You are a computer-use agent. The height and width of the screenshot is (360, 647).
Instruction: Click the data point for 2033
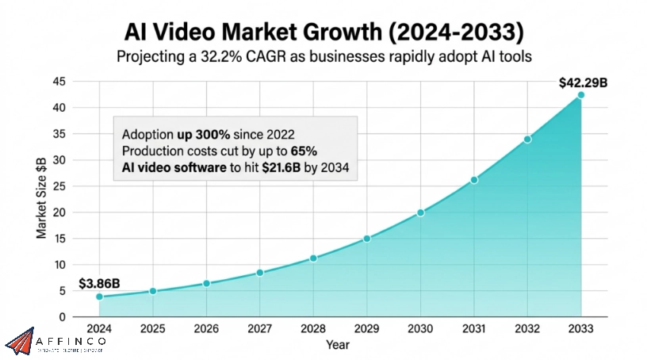(580, 95)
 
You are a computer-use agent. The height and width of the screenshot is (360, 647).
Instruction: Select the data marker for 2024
(99, 297)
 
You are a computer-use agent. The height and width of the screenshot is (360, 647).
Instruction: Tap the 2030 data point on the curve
(420, 213)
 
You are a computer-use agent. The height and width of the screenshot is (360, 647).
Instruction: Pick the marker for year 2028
(313, 258)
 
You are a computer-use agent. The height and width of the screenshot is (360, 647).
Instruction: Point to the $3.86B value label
(100, 282)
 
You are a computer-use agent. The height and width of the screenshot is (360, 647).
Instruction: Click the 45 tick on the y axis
(59, 82)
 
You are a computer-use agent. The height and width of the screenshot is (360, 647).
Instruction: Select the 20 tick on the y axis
(59, 213)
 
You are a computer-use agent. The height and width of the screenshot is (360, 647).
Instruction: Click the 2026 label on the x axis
(206, 327)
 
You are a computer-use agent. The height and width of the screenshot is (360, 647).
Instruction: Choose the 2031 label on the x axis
(473, 327)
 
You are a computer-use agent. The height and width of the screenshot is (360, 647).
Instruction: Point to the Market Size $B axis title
(41, 198)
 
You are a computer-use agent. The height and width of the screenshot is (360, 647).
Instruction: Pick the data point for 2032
(527, 139)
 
